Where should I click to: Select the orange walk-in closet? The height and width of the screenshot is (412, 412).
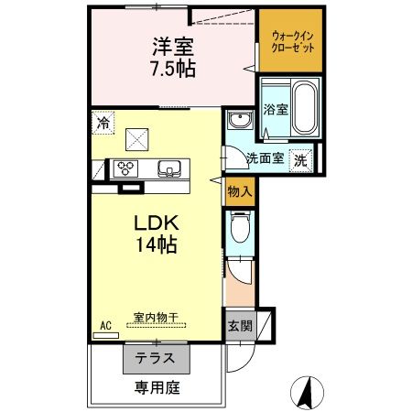(x=290, y=41)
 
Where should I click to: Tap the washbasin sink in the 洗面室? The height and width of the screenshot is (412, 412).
(x=241, y=123)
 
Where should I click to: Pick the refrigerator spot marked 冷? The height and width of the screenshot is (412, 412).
(x=103, y=122)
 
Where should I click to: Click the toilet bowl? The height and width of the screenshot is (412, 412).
(x=241, y=228)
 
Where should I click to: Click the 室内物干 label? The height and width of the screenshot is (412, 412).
(x=155, y=318)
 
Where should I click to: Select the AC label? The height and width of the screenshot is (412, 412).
(x=104, y=326)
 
